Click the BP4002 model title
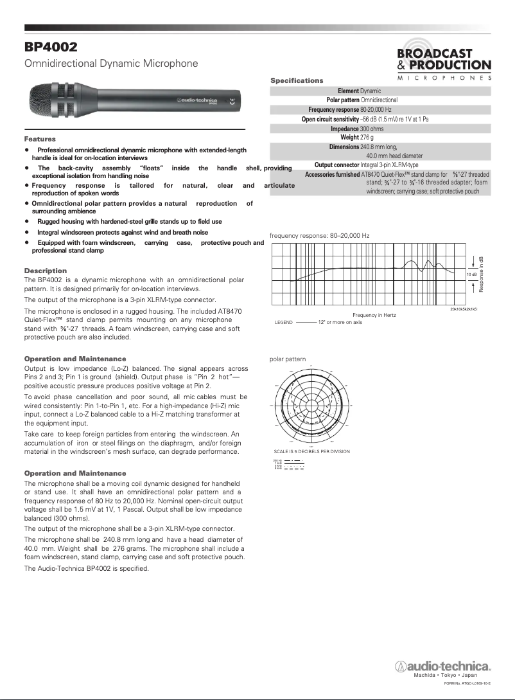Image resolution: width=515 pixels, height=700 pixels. point(51,47)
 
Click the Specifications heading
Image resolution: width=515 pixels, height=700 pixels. point(297,80)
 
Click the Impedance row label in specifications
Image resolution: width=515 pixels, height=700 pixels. point(344,129)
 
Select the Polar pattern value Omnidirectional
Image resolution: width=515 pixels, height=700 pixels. point(380,100)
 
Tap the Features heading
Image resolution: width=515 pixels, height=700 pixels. point(40,139)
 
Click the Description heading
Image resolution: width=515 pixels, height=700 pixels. point(45,271)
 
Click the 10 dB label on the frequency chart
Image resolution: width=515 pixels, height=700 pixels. point(471,274)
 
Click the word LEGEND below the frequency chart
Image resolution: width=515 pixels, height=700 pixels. point(283,321)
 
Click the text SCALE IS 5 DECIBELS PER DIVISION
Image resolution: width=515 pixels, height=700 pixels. point(311,451)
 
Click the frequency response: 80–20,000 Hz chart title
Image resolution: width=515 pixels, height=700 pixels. point(319,236)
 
